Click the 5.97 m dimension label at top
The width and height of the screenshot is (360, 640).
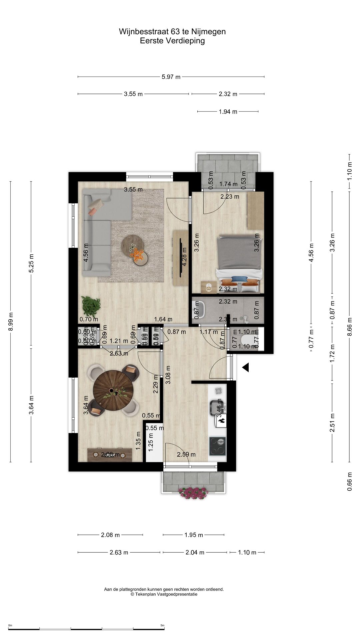171,77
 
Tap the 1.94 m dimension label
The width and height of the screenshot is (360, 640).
228,112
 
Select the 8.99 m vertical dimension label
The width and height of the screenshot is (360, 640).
11,322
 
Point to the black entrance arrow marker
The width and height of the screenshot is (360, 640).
246,367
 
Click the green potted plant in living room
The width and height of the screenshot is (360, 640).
91,306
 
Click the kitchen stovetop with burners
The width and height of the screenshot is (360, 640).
217,446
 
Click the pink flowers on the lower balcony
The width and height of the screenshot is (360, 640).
193,493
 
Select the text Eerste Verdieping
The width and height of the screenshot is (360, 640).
172,41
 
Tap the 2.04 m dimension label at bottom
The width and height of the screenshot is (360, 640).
195,552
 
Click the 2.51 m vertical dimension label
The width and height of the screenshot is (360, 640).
332,423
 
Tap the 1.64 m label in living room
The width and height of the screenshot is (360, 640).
163,319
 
